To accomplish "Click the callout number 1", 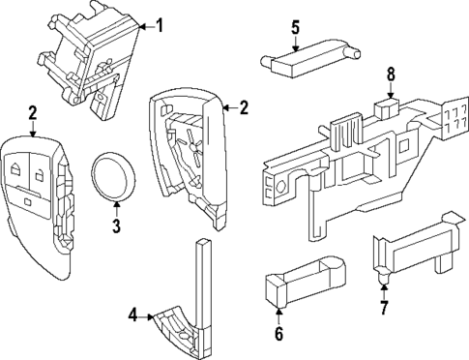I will [161, 25].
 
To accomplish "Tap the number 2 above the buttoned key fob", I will [32, 114].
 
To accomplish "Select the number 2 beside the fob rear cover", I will [244, 107].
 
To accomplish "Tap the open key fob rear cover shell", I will [186, 155].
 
